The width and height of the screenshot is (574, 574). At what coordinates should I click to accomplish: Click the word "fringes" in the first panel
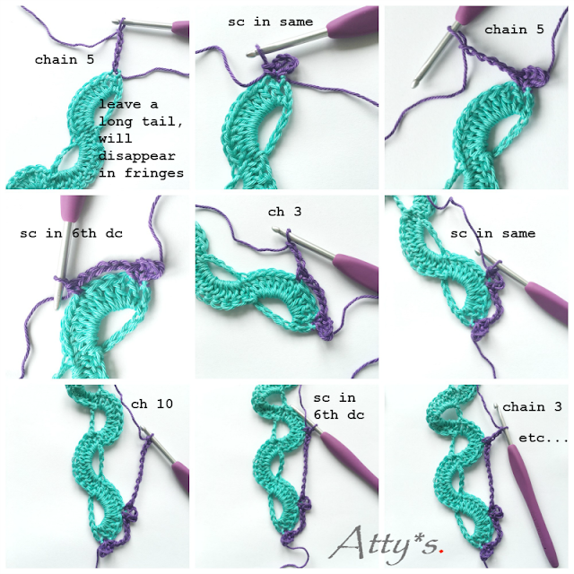[154, 173]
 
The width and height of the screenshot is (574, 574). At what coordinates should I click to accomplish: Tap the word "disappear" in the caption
[137, 156]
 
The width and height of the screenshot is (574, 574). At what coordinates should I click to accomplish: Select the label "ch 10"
[152, 404]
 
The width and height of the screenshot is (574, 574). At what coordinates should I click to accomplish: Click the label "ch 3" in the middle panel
[285, 212]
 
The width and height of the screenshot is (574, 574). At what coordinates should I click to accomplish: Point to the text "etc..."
[544, 438]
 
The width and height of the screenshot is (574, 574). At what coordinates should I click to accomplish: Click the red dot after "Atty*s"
[442, 550]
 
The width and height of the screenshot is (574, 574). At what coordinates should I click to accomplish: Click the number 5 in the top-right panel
[540, 30]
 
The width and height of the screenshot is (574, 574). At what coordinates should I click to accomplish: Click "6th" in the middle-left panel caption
[84, 233]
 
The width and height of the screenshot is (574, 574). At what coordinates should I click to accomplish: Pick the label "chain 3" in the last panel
[532, 406]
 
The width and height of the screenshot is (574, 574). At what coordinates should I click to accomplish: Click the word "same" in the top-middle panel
[296, 22]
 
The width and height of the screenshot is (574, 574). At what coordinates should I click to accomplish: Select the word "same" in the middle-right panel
[518, 233]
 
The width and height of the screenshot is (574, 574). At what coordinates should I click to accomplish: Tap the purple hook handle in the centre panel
[356, 270]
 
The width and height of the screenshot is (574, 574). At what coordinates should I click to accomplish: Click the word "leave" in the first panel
[119, 105]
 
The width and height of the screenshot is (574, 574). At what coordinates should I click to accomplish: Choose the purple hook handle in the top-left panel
[180, 28]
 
